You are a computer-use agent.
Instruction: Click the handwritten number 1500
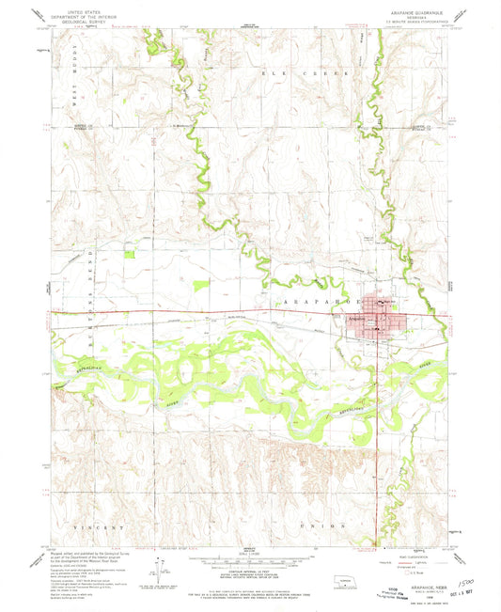466,559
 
